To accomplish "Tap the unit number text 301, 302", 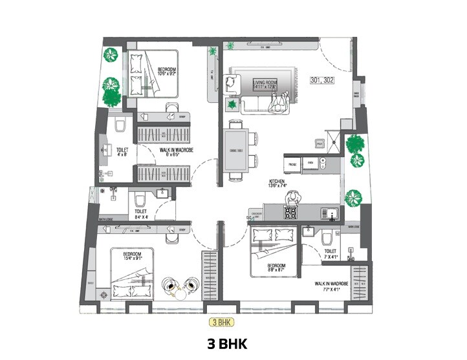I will pos(321,81).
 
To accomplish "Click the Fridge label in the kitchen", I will pos(292,164).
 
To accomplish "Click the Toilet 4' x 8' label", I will pos(122,151).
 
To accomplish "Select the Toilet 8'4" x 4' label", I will pos(140,214).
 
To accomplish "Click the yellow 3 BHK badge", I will pos(221,321).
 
